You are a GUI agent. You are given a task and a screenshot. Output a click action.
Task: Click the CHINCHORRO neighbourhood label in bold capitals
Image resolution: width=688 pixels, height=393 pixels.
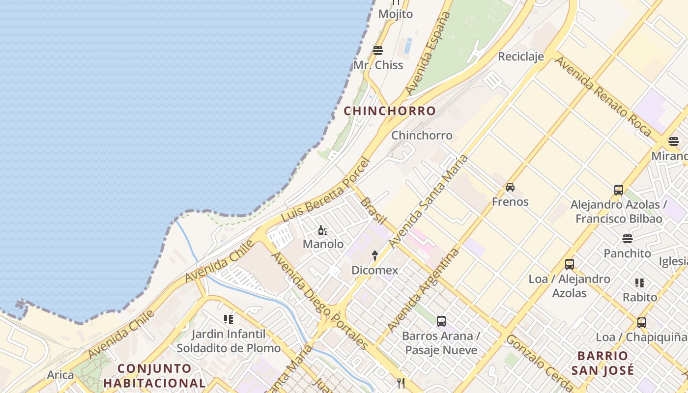click(389, 111)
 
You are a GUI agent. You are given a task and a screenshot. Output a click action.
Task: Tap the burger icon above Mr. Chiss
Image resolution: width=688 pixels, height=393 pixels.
click(378, 50)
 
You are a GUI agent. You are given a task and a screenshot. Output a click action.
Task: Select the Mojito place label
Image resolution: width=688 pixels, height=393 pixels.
click(395, 14)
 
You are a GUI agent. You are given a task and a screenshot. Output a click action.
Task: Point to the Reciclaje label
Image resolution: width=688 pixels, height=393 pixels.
click(521, 56)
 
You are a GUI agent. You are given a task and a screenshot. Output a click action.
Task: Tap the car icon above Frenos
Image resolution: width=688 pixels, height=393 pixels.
click(510, 187)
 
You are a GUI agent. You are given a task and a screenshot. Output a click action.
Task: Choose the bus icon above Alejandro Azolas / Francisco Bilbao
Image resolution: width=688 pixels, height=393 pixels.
click(619, 190)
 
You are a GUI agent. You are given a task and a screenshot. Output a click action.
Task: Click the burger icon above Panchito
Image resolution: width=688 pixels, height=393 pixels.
click(627, 239)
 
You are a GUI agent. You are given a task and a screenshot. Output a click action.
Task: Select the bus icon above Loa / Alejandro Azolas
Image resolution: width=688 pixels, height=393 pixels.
click(570, 264)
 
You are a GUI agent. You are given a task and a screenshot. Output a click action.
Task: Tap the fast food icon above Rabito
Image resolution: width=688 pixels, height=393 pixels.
click(639, 283)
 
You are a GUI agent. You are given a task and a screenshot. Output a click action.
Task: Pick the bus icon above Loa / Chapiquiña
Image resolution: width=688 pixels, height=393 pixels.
click(641, 323)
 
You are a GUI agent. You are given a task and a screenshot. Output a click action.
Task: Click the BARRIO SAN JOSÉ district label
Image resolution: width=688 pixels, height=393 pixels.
click(602, 363)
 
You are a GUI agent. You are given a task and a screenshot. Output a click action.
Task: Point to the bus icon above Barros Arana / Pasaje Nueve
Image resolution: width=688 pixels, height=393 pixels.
click(441, 321)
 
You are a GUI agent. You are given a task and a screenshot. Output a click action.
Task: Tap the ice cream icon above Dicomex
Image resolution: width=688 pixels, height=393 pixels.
click(374, 255)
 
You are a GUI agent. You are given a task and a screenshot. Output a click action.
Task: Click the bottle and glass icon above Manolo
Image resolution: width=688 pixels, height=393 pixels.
click(322, 230)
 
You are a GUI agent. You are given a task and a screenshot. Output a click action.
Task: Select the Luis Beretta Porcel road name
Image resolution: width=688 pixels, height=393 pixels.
click(325, 189)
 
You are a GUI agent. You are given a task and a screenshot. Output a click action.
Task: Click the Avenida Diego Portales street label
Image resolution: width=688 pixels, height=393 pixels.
click(319, 300)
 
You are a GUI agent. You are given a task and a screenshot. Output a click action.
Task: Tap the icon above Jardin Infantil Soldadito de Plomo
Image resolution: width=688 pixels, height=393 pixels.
click(229, 319)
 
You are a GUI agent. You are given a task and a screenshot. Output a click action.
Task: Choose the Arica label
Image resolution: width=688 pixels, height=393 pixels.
click(60, 375)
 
